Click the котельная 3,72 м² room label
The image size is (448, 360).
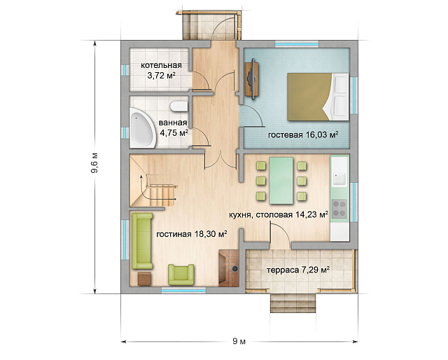(x=161, y=70)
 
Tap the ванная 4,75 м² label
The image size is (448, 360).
(x=174, y=127)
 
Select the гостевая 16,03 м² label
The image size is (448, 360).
(x=303, y=134)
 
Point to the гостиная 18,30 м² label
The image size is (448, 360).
(x=192, y=234)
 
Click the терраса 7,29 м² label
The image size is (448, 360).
(x=298, y=270)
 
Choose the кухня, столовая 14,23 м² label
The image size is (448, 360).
(x=279, y=214)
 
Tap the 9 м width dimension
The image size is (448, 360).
(x=239, y=341)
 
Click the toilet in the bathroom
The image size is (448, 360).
(x=179, y=106)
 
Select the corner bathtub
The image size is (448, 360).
(x=142, y=127)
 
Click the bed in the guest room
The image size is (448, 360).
(x=318, y=97)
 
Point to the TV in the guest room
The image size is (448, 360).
(x=252, y=79)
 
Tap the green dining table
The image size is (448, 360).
(x=281, y=181)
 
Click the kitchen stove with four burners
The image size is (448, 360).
(x=339, y=209)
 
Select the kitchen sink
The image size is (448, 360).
(x=339, y=179)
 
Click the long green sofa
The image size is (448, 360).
(x=142, y=241)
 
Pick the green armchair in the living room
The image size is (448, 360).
(x=181, y=275)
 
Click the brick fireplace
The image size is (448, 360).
(x=229, y=268)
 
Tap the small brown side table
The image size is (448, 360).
(x=145, y=279)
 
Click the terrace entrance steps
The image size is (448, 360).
(x=293, y=303)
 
